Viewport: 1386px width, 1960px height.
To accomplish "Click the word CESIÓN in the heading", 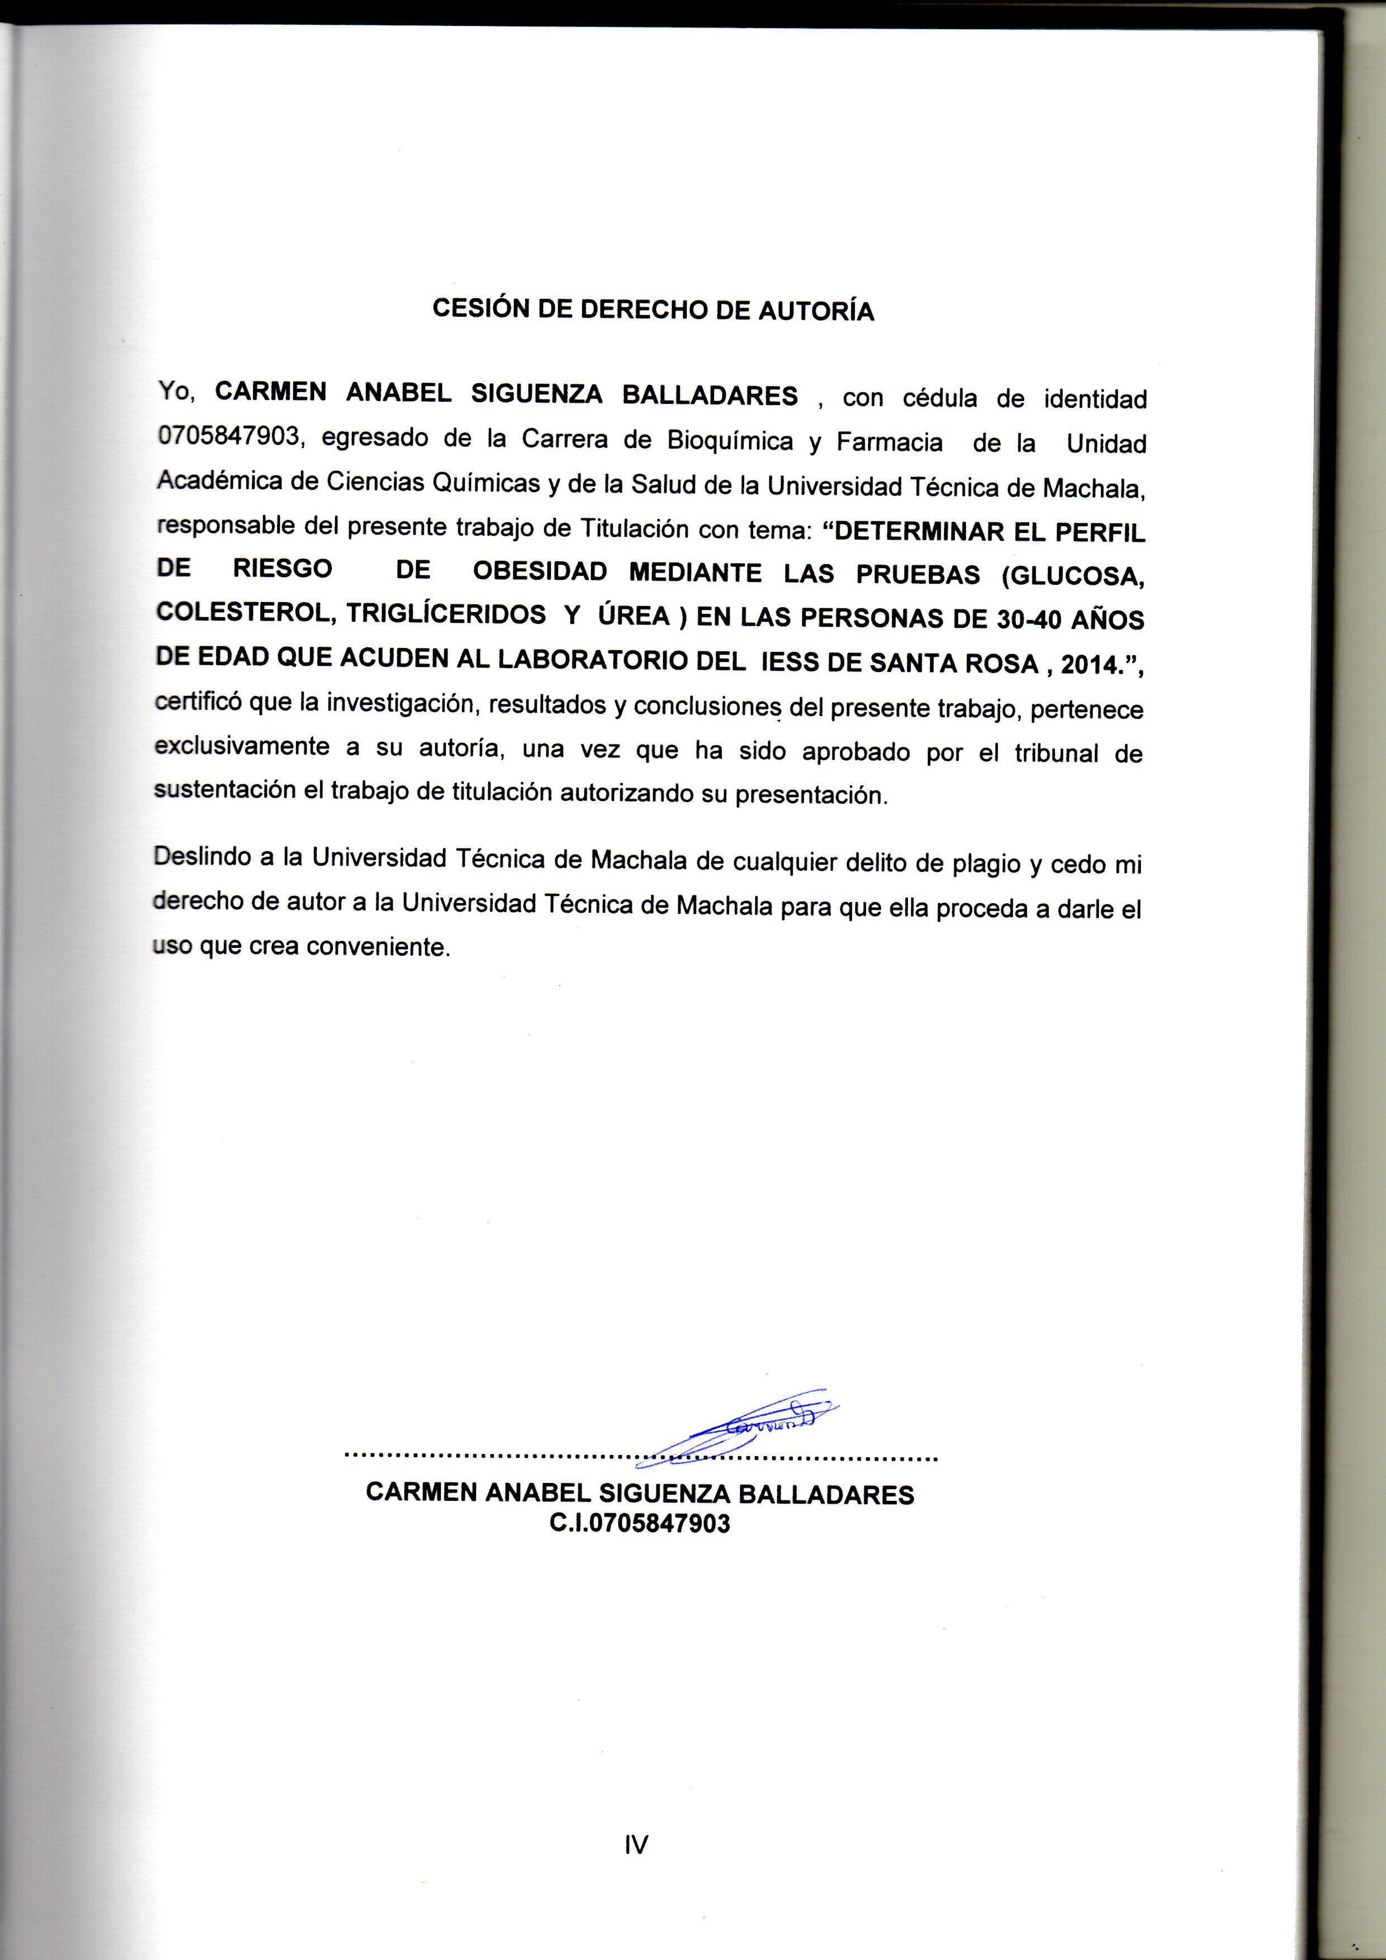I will click(480, 308).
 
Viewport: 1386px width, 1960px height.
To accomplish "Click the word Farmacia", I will click(889, 442).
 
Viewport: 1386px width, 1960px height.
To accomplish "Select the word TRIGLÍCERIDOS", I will click(446, 614).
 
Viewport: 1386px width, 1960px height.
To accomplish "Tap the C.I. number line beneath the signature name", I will click(640, 1524).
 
